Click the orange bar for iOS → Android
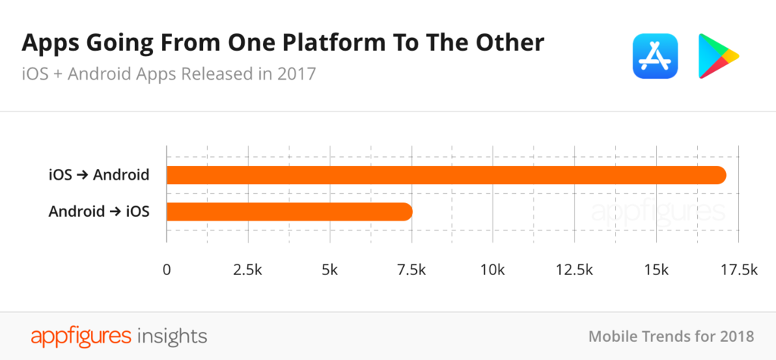pos(446,175)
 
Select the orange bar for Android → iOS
pos(289,211)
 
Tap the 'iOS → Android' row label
pos(98,175)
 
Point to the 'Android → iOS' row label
pos(99,211)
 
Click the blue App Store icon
pos(655,56)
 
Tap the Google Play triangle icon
pos(716,56)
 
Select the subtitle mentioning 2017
pos(168,74)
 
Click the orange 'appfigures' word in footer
pos(81,335)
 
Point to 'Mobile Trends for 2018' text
pos(671,336)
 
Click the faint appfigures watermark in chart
pos(657,211)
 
